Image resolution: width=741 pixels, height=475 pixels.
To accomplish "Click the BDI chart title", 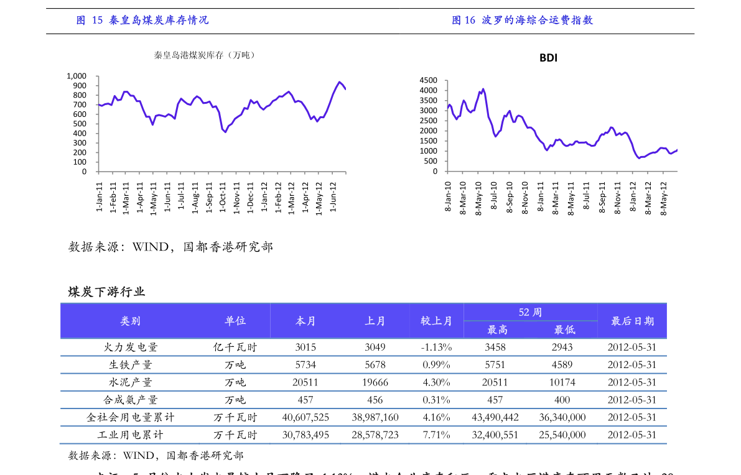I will tap(548, 58).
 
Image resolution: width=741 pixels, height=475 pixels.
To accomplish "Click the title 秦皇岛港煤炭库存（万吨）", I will tap(205, 55).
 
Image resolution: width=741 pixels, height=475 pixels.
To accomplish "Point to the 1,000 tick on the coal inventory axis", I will tap(77, 76).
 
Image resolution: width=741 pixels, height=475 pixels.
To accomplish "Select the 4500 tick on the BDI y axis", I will tap(429, 81).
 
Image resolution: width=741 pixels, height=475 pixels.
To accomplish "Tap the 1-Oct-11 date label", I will tap(223, 198).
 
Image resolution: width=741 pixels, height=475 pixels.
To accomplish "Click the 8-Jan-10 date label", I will tap(448, 198).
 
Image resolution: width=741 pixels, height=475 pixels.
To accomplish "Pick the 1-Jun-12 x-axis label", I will tap(333, 198).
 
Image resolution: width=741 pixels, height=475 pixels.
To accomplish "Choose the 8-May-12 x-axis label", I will tap(664, 198).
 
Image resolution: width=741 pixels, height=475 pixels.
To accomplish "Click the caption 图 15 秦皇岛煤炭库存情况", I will tap(142, 21).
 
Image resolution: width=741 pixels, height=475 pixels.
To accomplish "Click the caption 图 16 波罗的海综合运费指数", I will tap(522, 21).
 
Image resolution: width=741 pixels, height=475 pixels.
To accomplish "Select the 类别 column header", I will tap(130, 321).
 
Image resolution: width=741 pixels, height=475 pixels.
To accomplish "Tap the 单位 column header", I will tap(235, 321).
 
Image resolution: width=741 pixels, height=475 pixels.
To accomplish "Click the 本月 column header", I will tap(305, 321).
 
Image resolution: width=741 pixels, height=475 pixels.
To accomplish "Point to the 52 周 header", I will tap(530, 312).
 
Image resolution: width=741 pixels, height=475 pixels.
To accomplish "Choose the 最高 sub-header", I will tap(497, 330).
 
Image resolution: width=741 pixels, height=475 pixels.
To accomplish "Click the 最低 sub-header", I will tap(564, 330).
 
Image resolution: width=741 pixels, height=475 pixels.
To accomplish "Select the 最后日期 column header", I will tap(632, 321).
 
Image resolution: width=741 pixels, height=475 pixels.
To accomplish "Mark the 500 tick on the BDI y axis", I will tap(431, 161).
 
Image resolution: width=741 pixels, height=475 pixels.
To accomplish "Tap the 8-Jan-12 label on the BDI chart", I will tap(633, 198).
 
